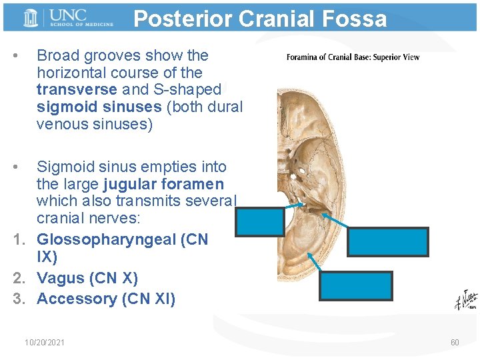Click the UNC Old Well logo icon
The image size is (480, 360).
[30, 18]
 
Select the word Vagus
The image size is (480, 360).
[61, 278]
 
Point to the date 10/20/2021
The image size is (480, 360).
[45, 342]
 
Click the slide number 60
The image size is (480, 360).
[455, 342]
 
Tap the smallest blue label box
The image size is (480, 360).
[260, 222]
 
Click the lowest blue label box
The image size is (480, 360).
[355, 286]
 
